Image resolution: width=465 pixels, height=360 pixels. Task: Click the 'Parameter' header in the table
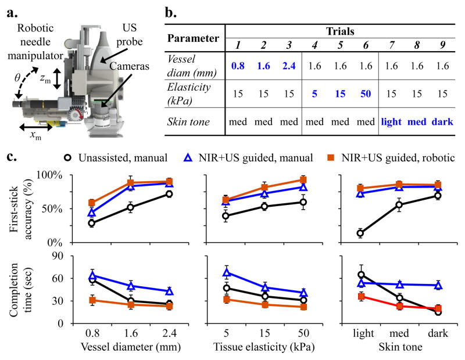tap(194, 39)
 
